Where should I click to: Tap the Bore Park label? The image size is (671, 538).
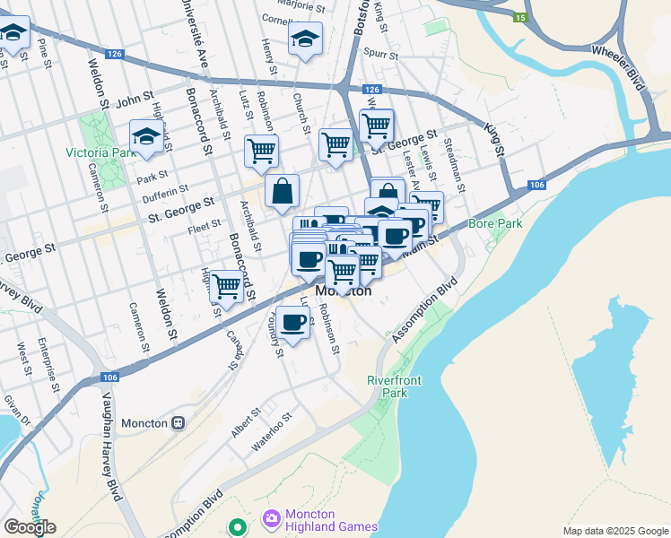click(x=494, y=221)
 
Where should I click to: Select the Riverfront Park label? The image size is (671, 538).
click(x=394, y=386)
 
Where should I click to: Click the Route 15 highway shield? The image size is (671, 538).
click(x=520, y=17)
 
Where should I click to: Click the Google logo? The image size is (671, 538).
click(x=29, y=527)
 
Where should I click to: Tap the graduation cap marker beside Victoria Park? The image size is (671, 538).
click(x=146, y=137)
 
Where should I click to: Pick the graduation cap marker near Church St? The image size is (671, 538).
click(x=305, y=39)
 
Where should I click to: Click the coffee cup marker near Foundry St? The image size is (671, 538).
click(x=292, y=322)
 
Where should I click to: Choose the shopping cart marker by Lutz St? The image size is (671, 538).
click(x=261, y=151)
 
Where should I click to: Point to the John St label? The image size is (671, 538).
click(x=135, y=97)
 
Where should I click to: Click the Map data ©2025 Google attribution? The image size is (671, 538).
click(x=614, y=531)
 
